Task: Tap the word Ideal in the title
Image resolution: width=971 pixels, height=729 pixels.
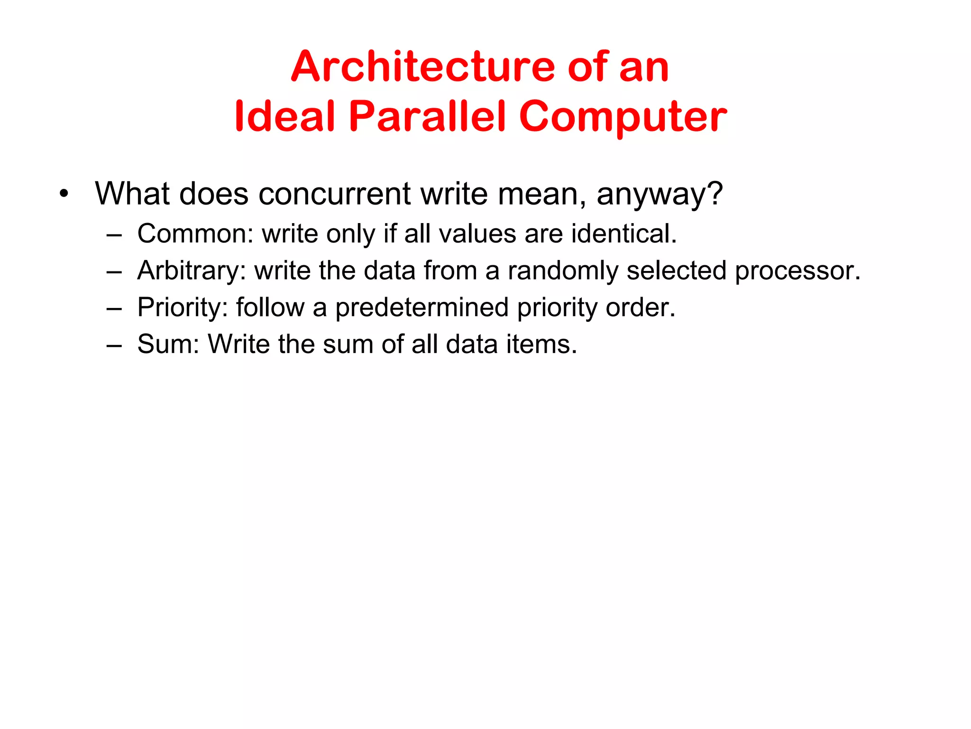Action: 285,116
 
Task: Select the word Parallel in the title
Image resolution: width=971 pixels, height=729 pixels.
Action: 427,116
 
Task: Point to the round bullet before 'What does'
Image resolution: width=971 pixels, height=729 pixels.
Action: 64,194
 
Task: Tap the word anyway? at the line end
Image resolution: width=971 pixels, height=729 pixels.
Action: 660,195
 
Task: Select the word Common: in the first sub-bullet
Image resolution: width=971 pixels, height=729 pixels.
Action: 195,234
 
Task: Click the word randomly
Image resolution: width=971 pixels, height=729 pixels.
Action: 563,271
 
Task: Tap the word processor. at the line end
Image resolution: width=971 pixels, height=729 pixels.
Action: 797,271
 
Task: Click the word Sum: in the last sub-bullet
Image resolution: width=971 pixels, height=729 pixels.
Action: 168,344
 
